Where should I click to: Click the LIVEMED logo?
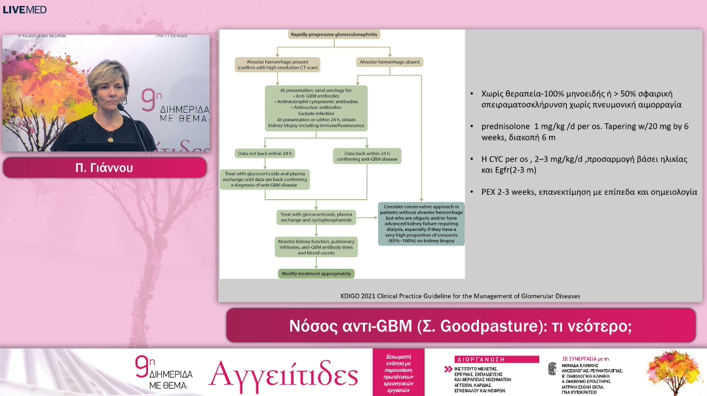(x=25, y=10)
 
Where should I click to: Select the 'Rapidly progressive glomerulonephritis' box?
(x=334, y=34)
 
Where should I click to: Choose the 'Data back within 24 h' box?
(x=367, y=156)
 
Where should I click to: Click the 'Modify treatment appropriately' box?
(x=316, y=273)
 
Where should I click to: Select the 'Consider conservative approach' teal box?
(x=421, y=223)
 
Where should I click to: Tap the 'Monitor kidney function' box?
(x=316, y=247)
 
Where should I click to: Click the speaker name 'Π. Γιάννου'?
(x=107, y=167)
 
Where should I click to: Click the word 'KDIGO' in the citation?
(x=352, y=296)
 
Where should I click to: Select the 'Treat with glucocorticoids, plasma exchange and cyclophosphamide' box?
(x=316, y=217)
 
